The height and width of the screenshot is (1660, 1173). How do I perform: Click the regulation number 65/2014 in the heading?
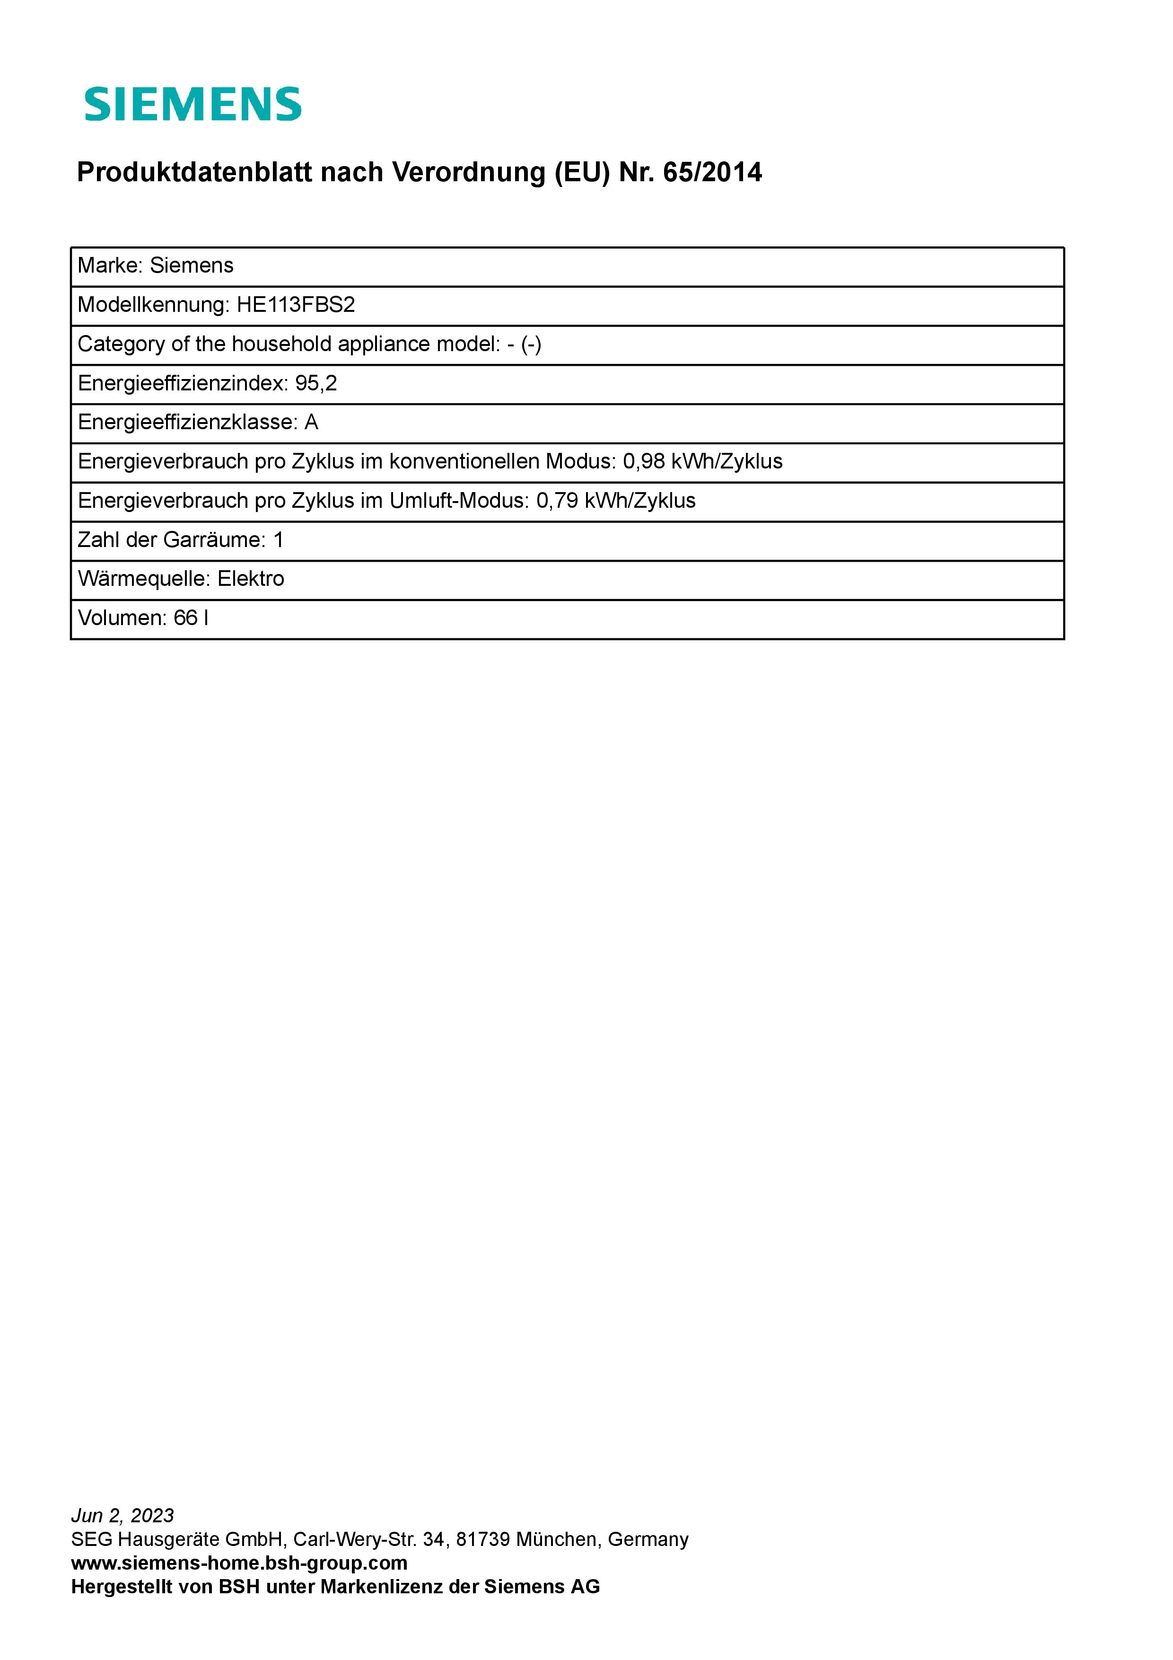[712, 172]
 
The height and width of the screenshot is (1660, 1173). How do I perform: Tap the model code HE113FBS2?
[296, 304]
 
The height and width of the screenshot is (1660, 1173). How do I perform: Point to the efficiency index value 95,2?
[316, 383]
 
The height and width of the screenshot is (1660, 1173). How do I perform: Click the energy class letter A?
[312, 422]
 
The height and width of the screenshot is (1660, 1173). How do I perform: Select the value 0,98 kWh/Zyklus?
[702, 461]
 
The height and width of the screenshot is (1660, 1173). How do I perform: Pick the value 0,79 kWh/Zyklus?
[616, 500]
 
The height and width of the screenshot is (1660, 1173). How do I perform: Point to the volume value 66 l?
[191, 618]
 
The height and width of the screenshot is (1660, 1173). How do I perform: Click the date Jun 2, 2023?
[123, 1515]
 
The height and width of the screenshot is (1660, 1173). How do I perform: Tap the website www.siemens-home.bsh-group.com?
[239, 1563]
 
